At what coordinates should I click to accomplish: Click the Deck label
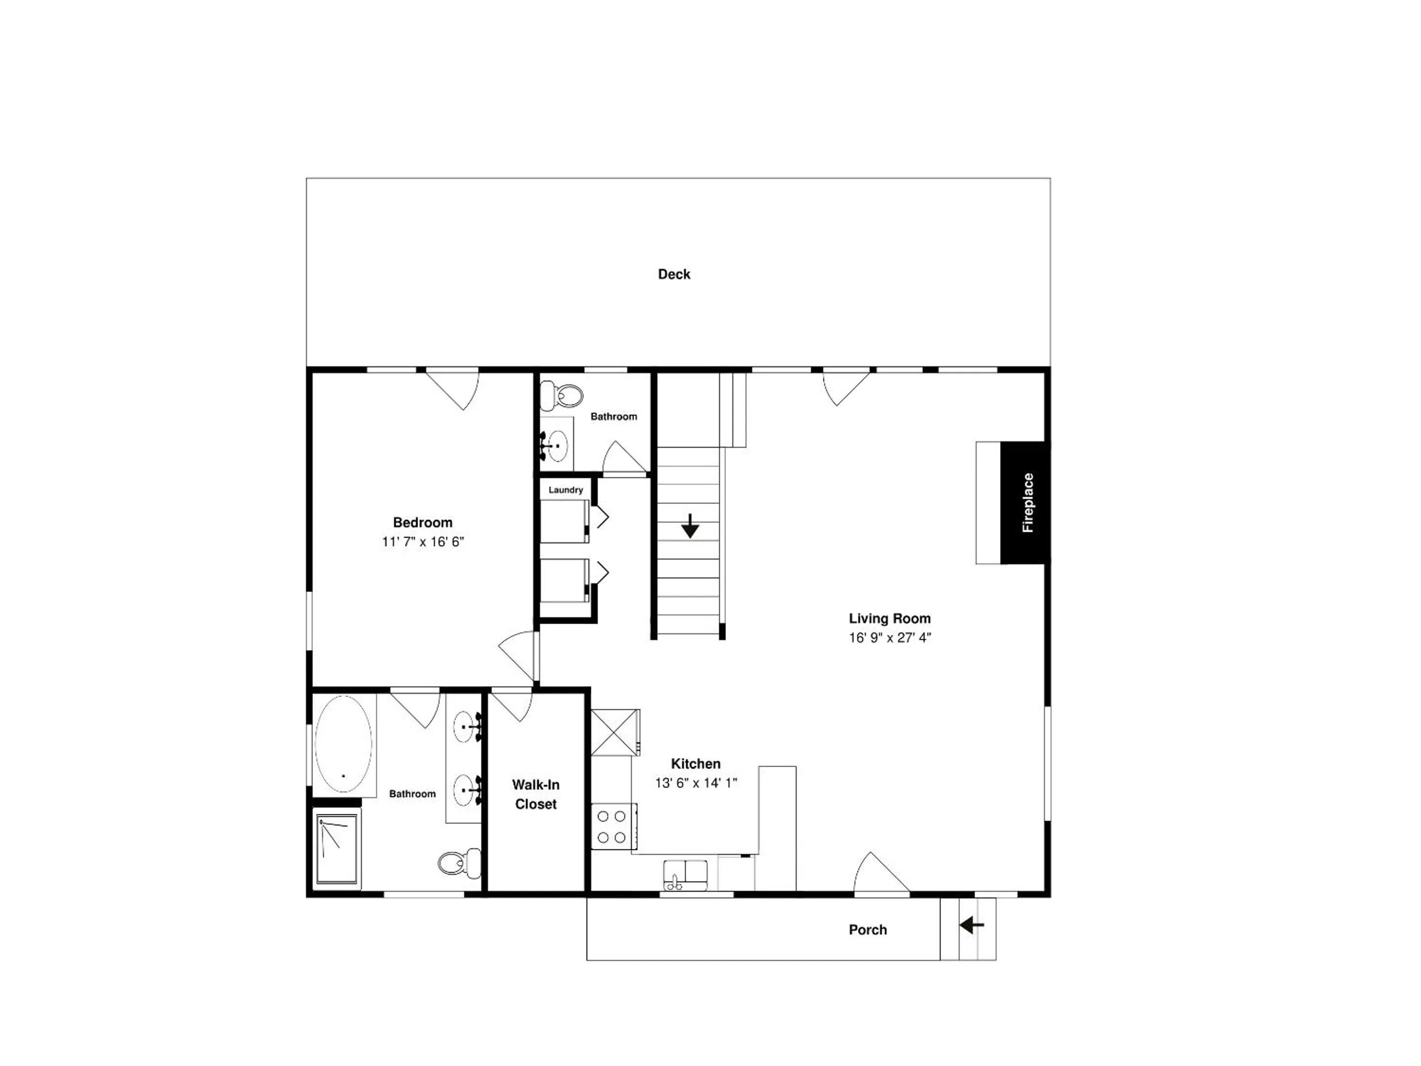[x=674, y=274]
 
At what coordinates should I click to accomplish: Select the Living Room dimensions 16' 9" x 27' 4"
[x=890, y=638]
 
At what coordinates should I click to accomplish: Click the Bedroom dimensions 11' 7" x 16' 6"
[x=422, y=541]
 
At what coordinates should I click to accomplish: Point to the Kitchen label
[x=696, y=764]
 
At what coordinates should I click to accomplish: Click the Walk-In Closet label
[x=536, y=794]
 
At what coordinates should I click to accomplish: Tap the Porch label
[x=868, y=930]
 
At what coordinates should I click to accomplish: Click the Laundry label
[x=565, y=490]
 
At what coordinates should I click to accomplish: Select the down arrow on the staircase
[x=690, y=525]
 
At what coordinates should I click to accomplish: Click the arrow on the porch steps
[x=972, y=925]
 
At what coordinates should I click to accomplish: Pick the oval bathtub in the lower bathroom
[x=343, y=743]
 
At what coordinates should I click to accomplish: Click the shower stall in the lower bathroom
[x=337, y=849]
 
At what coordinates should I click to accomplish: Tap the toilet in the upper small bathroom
[x=561, y=396]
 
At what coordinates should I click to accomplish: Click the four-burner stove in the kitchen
[x=614, y=826]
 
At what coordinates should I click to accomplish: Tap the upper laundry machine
[x=565, y=521]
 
